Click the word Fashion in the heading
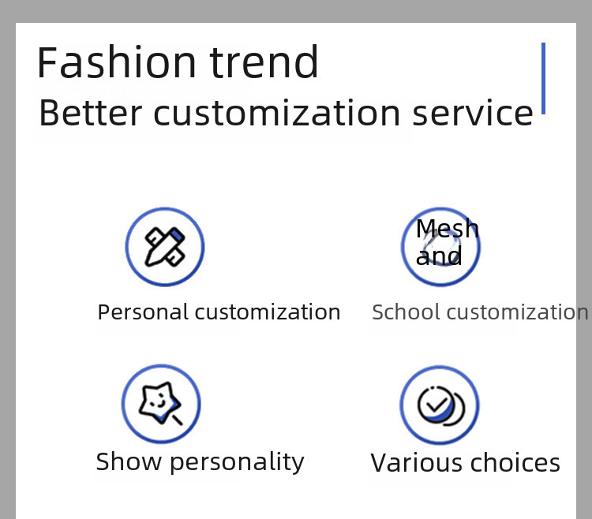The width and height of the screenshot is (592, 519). [116, 62]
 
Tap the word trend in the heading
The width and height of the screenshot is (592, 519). [264, 62]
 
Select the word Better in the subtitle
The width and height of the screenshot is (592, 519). [90, 113]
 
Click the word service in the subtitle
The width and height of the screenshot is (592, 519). [473, 113]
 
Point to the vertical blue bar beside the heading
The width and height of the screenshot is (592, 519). [543, 78]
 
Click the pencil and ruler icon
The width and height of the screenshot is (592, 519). [165, 247]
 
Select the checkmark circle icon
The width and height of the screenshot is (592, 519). [441, 405]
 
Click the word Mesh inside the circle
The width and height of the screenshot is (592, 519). [448, 228]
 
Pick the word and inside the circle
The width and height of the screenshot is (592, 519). [439, 256]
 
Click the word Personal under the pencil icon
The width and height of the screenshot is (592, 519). [143, 312]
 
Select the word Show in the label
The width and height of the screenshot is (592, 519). [129, 461]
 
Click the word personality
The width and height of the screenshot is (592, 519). [237, 461]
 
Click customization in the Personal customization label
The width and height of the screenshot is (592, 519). [268, 312]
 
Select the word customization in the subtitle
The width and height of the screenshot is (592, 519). [277, 113]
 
